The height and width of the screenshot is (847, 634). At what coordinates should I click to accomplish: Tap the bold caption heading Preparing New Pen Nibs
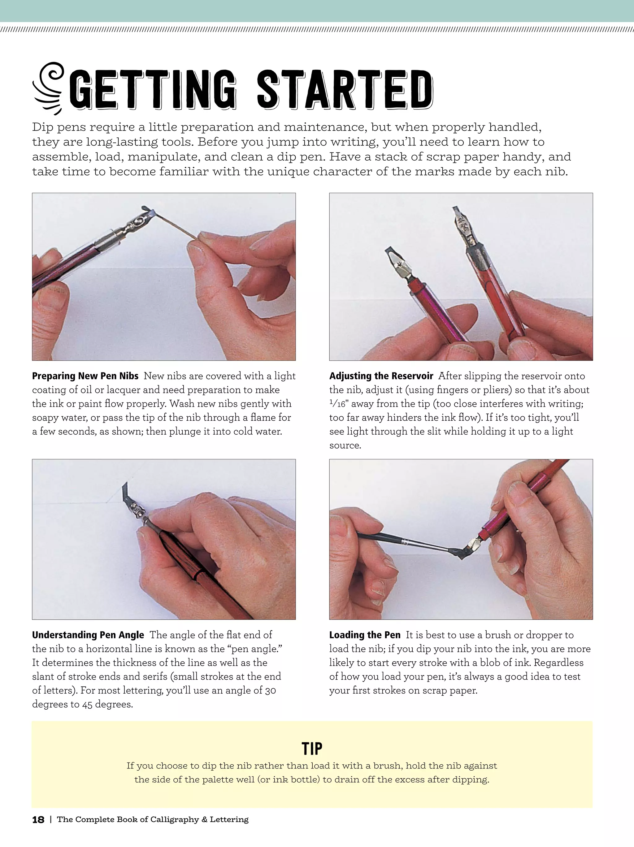tap(85, 376)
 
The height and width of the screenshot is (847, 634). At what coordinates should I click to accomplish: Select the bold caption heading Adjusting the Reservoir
tap(381, 376)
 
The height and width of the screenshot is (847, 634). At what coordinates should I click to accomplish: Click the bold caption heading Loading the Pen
tap(365, 635)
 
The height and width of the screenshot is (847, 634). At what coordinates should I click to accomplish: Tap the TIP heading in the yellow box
tap(312, 749)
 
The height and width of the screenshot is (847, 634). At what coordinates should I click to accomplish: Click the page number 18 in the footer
tap(38, 819)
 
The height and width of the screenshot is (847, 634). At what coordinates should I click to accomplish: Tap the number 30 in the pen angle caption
tap(271, 690)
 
